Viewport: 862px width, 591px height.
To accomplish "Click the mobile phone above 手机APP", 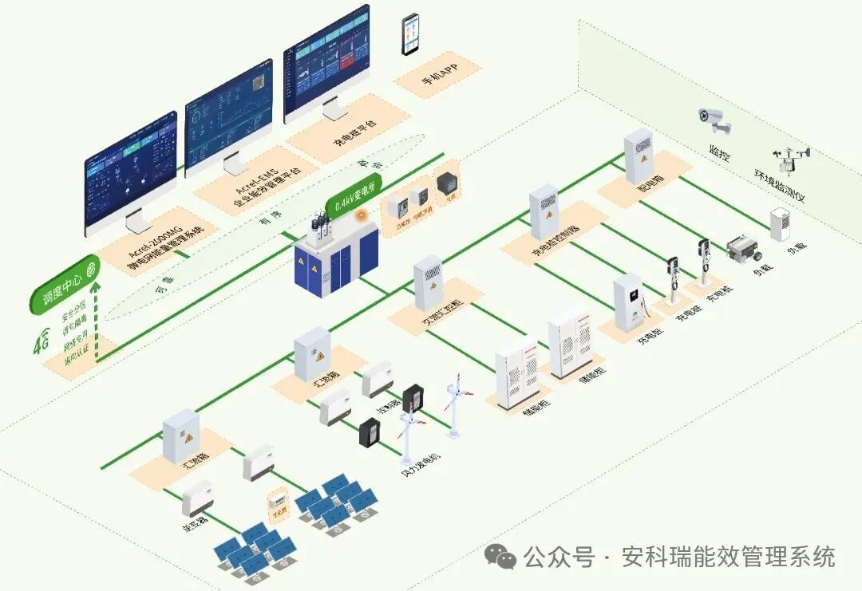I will coord(410,35).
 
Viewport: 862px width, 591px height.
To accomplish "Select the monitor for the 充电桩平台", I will coord(327,64).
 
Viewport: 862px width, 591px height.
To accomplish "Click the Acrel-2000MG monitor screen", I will coord(131,171).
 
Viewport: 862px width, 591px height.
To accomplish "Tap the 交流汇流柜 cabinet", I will coord(429,283).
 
